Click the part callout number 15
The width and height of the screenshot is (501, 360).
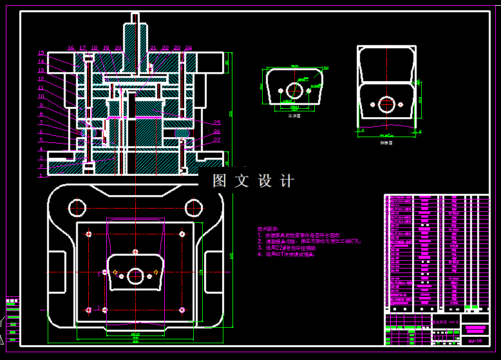(41, 53)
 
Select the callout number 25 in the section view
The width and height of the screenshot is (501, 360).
(216, 122)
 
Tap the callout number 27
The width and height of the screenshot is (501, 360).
(216, 140)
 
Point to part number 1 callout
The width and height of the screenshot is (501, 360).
(41, 175)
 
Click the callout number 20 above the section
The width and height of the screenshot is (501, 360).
(118, 48)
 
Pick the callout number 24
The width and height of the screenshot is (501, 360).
(188, 48)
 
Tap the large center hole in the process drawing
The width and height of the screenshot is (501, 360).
(294, 90)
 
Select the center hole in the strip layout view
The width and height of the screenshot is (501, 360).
(386, 104)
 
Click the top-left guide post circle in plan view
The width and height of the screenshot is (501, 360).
(76, 207)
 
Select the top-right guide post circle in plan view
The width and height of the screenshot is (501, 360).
(194, 207)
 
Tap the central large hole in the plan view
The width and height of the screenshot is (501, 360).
(135, 276)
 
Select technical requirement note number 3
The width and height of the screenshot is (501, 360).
(287, 247)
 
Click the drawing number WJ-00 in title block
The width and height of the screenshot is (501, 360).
(475, 340)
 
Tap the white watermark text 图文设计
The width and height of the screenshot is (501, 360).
(253, 181)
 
